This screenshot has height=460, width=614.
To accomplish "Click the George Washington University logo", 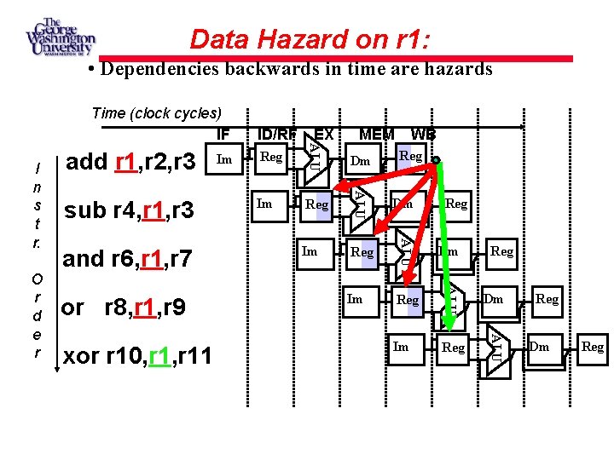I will tap(61, 37).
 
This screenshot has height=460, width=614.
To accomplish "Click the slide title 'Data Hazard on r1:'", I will tap(310, 38).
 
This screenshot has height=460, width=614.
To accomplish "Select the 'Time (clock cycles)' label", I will tap(156, 113).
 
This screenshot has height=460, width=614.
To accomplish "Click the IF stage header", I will tap(223, 134).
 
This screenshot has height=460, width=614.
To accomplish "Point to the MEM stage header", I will tap(377, 134).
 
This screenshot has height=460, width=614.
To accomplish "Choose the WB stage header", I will tap(423, 134).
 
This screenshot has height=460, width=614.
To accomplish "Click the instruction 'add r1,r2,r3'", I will tap(130, 161).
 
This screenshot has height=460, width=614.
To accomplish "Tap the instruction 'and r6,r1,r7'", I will tap(129, 259).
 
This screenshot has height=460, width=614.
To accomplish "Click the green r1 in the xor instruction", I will tap(159, 355).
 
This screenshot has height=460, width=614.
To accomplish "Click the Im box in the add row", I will tap(224, 158).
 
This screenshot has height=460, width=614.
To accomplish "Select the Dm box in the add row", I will tap(361, 160).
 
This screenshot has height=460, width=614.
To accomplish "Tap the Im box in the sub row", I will tap(265, 204).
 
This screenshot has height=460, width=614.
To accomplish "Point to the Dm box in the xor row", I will tap(539, 346).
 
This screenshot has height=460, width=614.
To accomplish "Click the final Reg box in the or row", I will tap(547, 299).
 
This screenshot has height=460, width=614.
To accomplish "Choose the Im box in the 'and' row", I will tap(310, 251).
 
